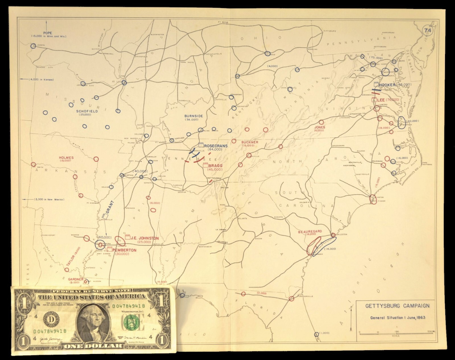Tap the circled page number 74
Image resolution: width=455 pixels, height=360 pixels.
(428, 30)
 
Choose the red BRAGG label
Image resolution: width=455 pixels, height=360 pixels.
(215, 166)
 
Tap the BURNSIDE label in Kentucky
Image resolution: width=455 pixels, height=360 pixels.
(193, 116)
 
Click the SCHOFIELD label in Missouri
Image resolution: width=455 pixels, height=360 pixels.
(87, 111)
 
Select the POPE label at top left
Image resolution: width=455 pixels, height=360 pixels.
(48, 33)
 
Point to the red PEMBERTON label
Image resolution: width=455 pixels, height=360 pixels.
(124, 250)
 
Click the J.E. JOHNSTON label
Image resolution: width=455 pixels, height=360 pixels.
(145, 238)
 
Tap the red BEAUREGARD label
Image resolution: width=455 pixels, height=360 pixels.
(310, 231)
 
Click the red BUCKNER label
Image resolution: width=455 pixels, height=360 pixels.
(249, 142)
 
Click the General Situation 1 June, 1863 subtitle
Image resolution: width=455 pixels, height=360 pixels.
(397, 318)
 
